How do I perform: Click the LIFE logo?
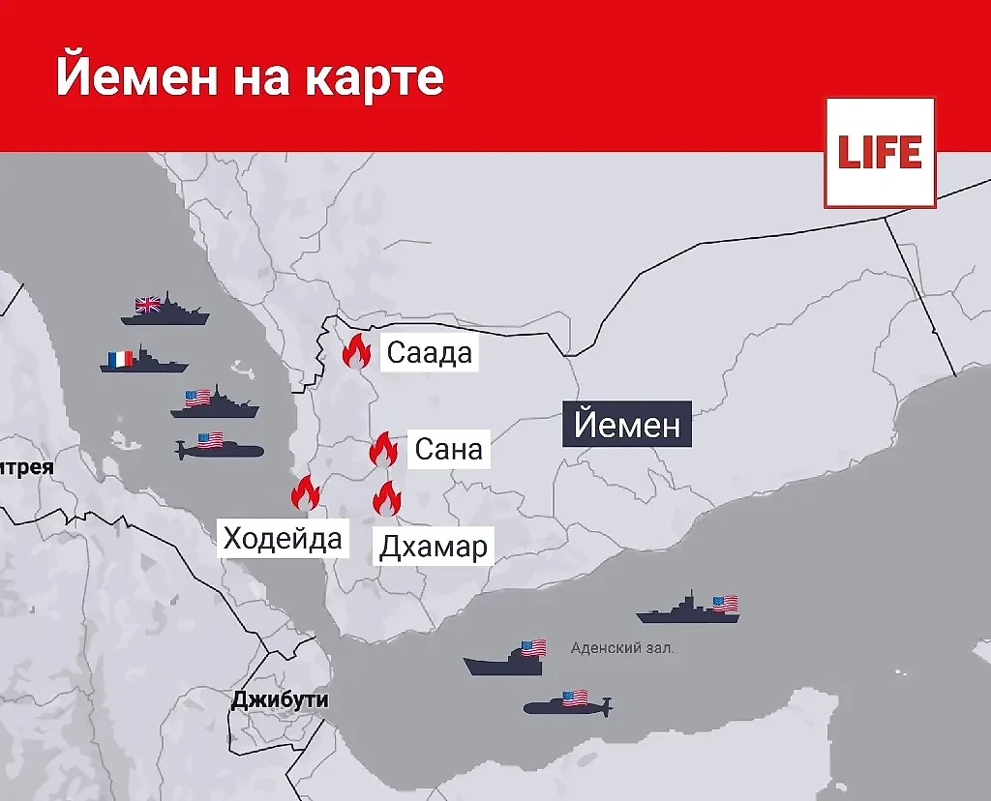click(880, 153)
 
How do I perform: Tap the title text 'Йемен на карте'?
click(250, 76)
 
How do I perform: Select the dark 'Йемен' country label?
click(627, 424)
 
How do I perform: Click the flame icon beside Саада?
click(356, 351)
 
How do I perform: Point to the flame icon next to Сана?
click(383, 450)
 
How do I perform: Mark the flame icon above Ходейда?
click(305, 493)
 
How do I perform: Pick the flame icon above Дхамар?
click(387, 499)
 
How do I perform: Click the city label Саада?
click(429, 352)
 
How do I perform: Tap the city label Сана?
click(447, 449)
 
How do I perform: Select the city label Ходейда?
click(283, 537)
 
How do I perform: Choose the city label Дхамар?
click(433, 547)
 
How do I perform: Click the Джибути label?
click(280, 699)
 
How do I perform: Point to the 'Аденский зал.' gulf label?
click(622, 648)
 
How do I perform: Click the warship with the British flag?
click(165, 310)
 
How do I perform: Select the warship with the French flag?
click(143, 361)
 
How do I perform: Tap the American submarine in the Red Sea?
click(218, 448)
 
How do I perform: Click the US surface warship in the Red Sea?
click(215, 403)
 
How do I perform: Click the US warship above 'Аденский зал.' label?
click(688, 608)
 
